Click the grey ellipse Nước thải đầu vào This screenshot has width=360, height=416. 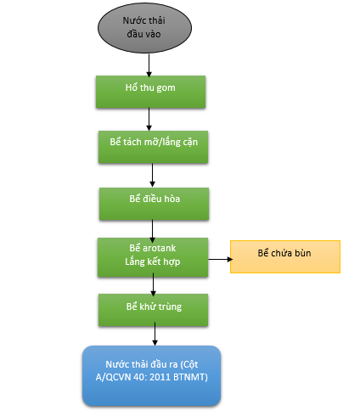[x=144, y=28]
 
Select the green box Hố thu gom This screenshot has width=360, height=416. [x=150, y=92]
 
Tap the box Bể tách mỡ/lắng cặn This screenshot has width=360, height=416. [x=153, y=147]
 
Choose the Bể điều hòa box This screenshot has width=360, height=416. [x=154, y=204]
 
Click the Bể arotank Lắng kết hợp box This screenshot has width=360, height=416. [x=153, y=257]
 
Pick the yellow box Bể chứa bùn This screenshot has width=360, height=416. [x=285, y=256]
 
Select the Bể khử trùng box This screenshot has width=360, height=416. [x=153, y=310]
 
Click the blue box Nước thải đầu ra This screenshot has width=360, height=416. [x=152, y=376]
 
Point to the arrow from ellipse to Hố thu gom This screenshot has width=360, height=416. [x=149, y=65]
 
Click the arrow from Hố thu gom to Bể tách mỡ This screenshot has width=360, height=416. [x=149, y=119]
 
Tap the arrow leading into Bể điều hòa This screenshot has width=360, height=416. [x=152, y=175]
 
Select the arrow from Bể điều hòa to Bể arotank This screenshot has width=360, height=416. [x=152, y=231]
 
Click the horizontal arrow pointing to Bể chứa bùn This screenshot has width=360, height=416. [x=221, y=259]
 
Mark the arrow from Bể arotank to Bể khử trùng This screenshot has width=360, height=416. [x=153, y=284]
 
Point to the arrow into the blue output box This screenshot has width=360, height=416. [x=155, y=334]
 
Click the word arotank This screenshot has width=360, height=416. [x=160, y=248]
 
